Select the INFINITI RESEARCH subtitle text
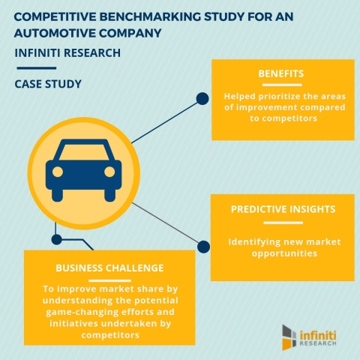click(x=67, y=54)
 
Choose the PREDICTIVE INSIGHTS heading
click(x=283, y=211)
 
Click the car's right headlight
click(x=109, y=171)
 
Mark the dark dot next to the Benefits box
click(x=201, y=97)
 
